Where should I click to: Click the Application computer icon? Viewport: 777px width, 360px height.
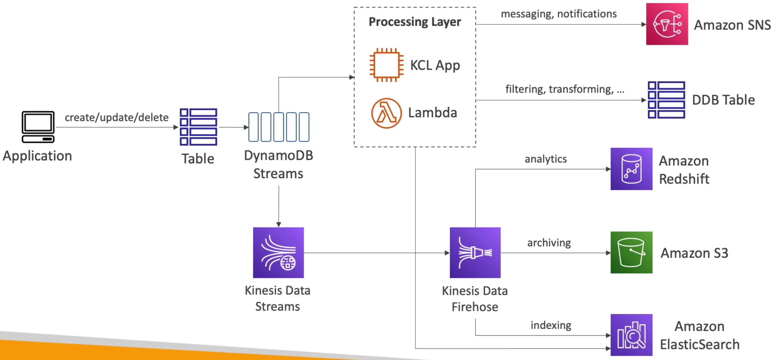[38, 127]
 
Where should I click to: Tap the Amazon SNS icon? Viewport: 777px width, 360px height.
[667, 24]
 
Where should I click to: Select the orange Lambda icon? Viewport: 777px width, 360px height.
[386, 113]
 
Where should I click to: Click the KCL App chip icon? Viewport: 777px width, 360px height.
[386, 65]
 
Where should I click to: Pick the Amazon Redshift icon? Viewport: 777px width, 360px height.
[631, 169]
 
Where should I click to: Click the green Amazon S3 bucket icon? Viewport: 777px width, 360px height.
[631, 252]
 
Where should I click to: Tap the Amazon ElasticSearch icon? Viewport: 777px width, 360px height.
[631, 335]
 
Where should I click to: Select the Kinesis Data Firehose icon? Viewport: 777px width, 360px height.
[475, 252]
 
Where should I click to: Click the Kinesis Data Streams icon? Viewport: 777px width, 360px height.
[278, 252]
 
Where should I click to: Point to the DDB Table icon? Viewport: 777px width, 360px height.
[666, 100]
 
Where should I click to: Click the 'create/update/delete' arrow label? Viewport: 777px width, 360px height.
[116, 117]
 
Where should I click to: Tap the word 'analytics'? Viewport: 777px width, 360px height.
[546, 159]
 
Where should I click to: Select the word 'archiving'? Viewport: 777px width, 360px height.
[549, 243]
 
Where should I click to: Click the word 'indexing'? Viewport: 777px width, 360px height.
[551, 325]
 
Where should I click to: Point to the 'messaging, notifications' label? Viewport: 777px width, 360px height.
[559, 14]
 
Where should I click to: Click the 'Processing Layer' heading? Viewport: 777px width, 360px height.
[415, 22]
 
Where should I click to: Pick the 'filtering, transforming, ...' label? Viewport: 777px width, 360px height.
[565, 89]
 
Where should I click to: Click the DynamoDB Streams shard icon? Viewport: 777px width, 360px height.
[278, 127]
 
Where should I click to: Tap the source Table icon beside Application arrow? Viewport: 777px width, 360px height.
[198, 127]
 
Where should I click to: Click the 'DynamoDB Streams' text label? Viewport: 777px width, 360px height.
[278, 164]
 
